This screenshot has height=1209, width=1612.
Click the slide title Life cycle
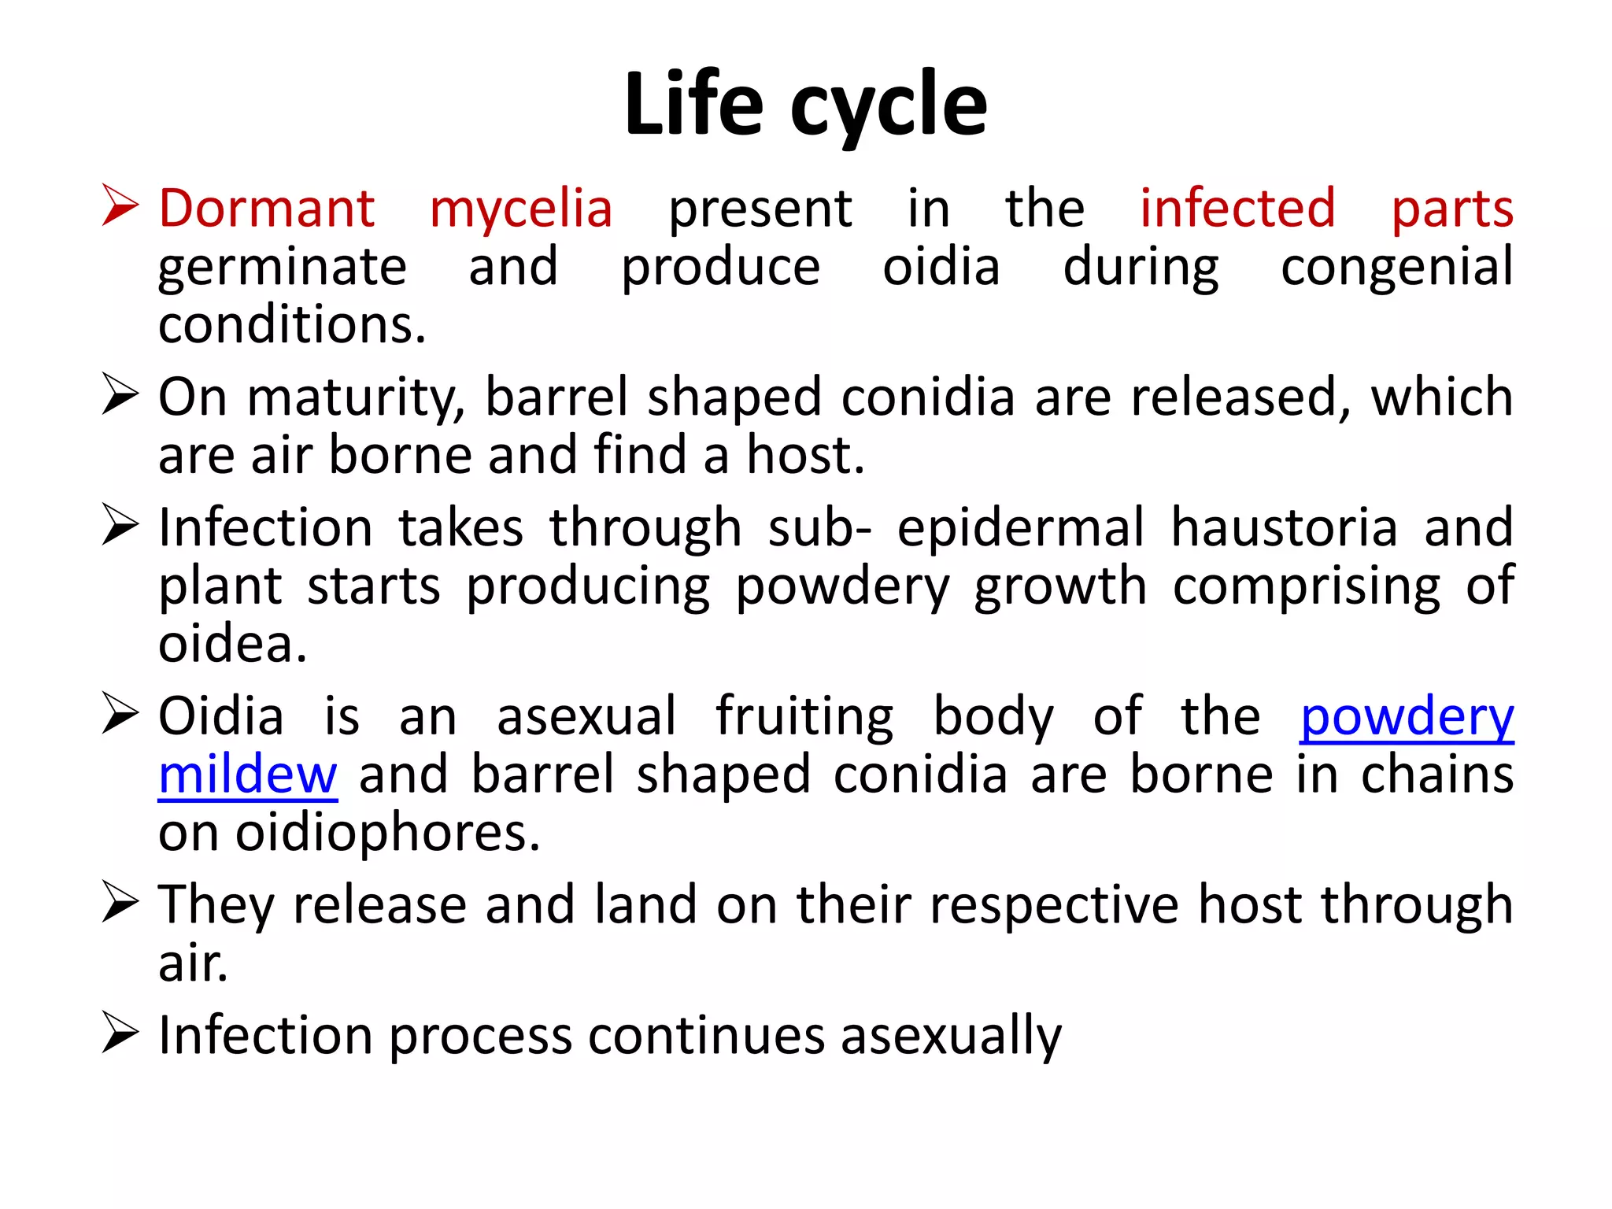[805, 105]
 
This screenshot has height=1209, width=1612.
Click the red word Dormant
[266, 209]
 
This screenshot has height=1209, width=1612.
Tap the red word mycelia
[520, 209]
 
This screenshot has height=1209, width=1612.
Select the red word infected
[1237, 209]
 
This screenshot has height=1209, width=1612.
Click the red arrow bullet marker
[120, 206]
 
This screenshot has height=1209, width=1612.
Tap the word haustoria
[1284, 527]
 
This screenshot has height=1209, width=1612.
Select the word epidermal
[1020, 529]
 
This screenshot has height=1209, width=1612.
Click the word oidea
[231, 645]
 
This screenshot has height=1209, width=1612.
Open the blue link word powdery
[1407, 718]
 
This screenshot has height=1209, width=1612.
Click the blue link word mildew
[247, 776]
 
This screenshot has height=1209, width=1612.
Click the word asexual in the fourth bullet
[586, 717]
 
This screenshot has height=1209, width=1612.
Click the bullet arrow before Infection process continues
[120, 1033]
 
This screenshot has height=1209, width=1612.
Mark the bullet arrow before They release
[120, 903]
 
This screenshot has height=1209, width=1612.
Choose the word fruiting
[804, 718]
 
